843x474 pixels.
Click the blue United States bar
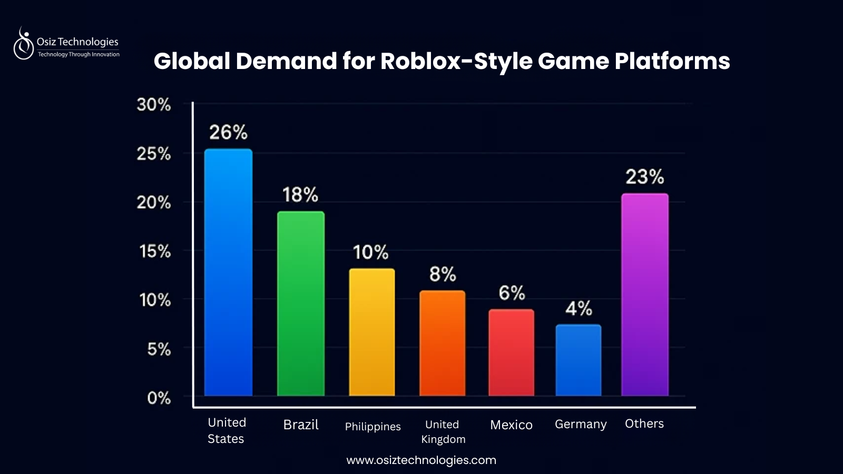tap(228, 272)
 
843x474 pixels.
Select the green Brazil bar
tap(301, 303)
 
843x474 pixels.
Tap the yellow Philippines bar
tap(372, 332)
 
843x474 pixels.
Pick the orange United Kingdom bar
tap(442, 343)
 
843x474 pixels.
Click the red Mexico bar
tap(511, 352)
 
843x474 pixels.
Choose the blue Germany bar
tap(578, 360)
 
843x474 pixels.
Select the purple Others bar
tap(644, 294)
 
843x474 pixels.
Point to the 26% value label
tap(228, 132)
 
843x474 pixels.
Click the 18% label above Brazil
tap(300, 195)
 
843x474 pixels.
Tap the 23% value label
tap(644, 176)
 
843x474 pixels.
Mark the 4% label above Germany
tap(579, 308)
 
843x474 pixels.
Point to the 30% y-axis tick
tap(154, 104)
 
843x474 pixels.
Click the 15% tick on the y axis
tap(155, 251)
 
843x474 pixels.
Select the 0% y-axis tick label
tap(159, 398)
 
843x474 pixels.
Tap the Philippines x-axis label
tap(373, 427)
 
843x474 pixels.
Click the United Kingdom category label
tap(443, 431)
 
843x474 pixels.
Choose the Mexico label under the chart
tap(511, 425)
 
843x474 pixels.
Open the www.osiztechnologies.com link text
tap(421, 460)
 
